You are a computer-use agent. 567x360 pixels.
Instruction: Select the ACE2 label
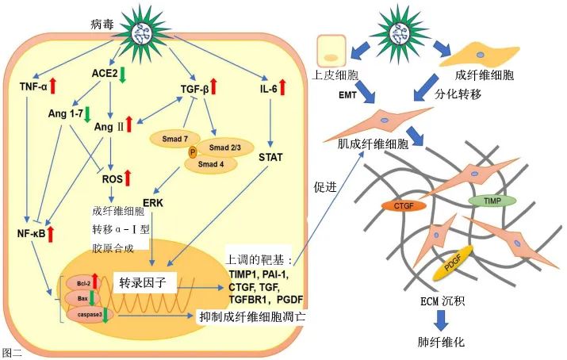[x=105, y=73]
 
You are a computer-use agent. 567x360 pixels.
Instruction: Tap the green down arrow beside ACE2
[x=124, y=74]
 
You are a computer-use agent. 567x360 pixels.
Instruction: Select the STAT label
[x=271, y=156]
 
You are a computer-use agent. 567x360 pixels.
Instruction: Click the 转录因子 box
[x=144, y=283]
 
